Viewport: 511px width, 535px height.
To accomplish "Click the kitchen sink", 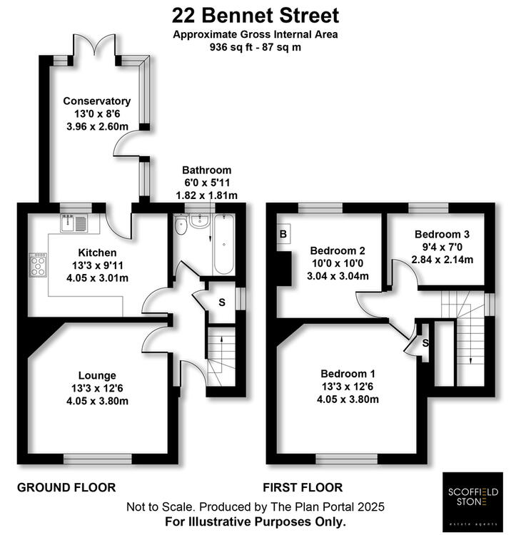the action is [x=74, y=223].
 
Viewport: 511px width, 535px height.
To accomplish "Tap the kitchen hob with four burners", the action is [x=38, y=265].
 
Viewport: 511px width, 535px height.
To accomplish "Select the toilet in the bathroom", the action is [x=181, y=224].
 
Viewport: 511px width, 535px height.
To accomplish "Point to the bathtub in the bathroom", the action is [x=223, y=244].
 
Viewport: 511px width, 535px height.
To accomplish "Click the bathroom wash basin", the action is [x=199, y=221].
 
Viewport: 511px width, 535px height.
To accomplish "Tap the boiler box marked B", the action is [x=283, y=234].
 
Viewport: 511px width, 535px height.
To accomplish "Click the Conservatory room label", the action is [x=97, y=101].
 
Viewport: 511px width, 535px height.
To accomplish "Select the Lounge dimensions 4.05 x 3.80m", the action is [x=97, y=401].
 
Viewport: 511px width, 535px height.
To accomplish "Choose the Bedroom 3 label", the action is [x=442, y=234].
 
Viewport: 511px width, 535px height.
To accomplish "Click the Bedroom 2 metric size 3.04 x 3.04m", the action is [x=338, y=275].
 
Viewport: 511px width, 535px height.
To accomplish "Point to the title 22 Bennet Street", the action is [x=255, y=16].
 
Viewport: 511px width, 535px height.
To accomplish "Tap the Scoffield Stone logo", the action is [x=472, y=500].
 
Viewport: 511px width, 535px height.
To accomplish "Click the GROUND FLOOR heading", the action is [x=66, y=488].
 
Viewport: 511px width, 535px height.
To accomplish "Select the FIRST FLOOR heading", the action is [x=303, y=488].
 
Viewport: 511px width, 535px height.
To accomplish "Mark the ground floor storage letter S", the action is [x=222, y=302].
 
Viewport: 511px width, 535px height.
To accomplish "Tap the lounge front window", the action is [x=98, y=459].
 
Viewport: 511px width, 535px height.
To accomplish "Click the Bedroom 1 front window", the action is [x=347, y=459].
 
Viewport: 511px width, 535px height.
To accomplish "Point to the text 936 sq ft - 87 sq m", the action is [x=255, y=47].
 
